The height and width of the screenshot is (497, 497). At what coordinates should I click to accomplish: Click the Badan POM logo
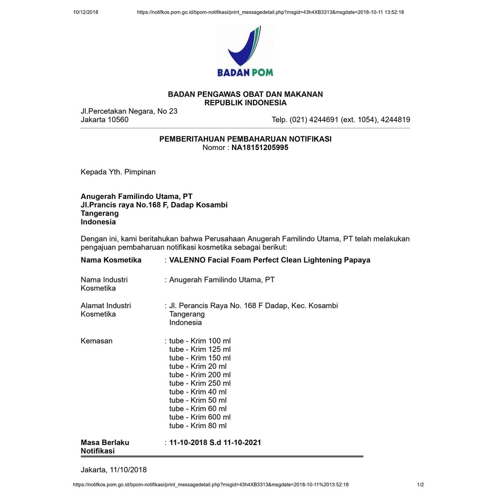pos(245,51)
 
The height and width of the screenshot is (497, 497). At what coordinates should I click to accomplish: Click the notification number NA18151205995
pos(260,148)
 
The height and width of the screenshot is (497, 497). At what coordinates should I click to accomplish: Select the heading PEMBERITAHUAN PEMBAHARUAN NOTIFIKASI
pos(245,139)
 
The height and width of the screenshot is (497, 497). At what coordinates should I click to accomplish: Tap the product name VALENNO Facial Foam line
pos(269,260)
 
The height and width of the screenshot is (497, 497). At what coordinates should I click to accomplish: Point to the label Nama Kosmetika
pos(111,260)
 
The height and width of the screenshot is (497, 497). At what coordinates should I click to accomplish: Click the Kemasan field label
pos(97,341)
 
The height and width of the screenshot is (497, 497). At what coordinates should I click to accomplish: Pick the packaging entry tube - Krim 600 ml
pos(200,417)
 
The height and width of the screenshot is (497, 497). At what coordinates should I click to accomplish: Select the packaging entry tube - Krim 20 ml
pos(198,366)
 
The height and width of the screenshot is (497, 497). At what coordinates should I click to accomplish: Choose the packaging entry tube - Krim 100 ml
pos(200,341)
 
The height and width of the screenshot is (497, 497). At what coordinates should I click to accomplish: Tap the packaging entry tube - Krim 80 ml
pos(198,426)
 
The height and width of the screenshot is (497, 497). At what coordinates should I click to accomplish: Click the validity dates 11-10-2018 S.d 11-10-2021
pos(215,443)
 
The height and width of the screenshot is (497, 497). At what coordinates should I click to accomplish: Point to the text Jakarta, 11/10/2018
pos(114,470)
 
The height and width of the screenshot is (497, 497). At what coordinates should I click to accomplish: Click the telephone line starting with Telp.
pos(341,120)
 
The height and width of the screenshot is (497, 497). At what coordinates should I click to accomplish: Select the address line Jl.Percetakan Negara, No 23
pos(129,111)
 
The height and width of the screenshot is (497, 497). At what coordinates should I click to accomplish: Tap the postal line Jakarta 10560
pos(104,120)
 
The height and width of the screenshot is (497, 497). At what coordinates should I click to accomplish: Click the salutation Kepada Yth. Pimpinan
pos(118,172)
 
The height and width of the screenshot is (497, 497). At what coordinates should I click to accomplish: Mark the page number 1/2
pos(420,484)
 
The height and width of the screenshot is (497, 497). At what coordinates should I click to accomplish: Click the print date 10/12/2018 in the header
pos(85,12)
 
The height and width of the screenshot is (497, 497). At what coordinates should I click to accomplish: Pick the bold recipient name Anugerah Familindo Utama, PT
pos(136,197)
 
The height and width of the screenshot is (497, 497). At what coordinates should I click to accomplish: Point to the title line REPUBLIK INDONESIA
pos(245,103)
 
